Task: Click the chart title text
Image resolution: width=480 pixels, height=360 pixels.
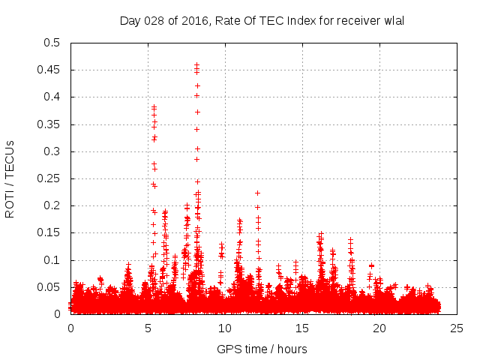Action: pos(262,20)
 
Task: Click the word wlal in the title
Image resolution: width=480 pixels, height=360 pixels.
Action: pos(393,20)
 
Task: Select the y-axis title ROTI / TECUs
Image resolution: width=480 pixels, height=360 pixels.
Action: pos(10,178)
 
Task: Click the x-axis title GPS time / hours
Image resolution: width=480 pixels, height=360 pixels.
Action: pos(262,349)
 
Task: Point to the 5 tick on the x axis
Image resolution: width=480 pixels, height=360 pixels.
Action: pos(148,328)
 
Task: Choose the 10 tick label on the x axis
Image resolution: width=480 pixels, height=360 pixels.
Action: pos(225,328)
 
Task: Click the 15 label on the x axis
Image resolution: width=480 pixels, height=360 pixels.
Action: pos(302,328)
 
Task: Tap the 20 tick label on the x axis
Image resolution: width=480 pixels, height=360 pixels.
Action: pos(379,328)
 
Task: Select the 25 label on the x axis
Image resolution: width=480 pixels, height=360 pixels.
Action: pos(457,328)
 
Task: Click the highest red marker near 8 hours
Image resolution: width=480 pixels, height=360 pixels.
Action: pos(196,65)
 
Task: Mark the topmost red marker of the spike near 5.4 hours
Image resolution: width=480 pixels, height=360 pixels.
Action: pos(154,107)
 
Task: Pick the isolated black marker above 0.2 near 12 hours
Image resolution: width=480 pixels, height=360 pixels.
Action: pos(257,193)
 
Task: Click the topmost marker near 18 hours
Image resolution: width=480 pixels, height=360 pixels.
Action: pos(350,239)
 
